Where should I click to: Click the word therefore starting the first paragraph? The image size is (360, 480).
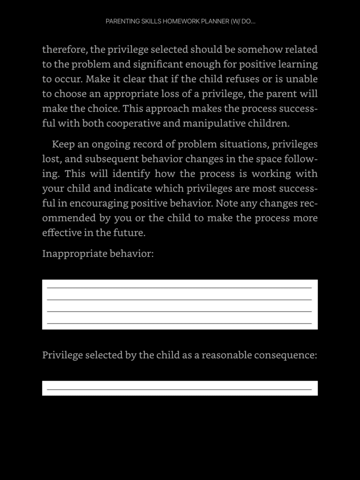64,49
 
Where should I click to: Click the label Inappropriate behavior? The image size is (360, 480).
98,254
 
